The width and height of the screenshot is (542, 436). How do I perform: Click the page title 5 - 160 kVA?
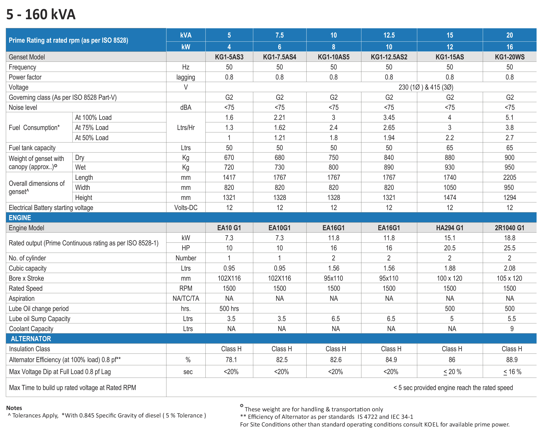point(41,14)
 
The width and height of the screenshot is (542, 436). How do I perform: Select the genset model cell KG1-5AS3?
point(229,57)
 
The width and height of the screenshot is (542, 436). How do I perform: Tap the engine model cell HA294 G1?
point(450,228)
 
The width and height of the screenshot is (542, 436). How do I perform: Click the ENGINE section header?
point(20,218)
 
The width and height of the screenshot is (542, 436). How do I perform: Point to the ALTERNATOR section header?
point(31,339)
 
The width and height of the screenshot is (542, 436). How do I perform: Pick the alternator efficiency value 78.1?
point(231,360)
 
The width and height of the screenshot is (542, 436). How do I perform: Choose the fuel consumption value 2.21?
point(280,118)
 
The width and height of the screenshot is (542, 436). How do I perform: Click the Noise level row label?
point(23,107)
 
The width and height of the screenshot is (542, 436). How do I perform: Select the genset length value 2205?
point(509,177)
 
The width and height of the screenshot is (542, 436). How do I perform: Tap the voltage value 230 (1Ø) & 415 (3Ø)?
point(426,87)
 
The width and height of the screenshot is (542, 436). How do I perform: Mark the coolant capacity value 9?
point(511,329)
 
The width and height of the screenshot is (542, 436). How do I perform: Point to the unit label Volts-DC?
point(186,208)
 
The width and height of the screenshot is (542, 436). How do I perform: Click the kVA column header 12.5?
point(389,35)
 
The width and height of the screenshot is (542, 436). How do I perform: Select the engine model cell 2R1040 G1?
point(509,228)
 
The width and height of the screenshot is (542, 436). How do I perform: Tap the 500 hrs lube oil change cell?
point(229,309)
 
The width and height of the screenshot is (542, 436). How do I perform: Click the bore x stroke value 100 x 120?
point(450,278)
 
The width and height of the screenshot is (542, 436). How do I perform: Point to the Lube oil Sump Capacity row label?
point(40,319)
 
